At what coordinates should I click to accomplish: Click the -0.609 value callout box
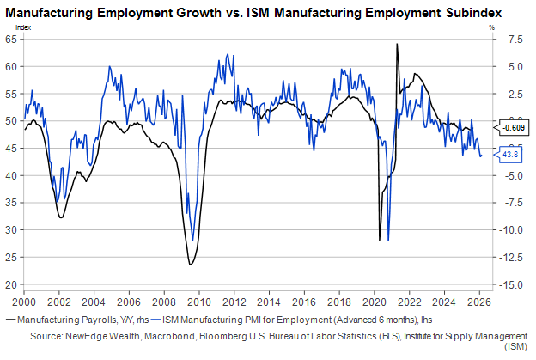click(515, 128)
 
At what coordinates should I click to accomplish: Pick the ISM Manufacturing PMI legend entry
click(266, 318)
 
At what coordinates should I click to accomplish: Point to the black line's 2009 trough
click(190, 264)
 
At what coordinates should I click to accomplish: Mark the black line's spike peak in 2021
click(396, 44)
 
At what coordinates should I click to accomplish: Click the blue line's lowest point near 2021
click(389, 241)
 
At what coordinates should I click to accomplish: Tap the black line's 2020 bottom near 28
click(380, 240)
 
